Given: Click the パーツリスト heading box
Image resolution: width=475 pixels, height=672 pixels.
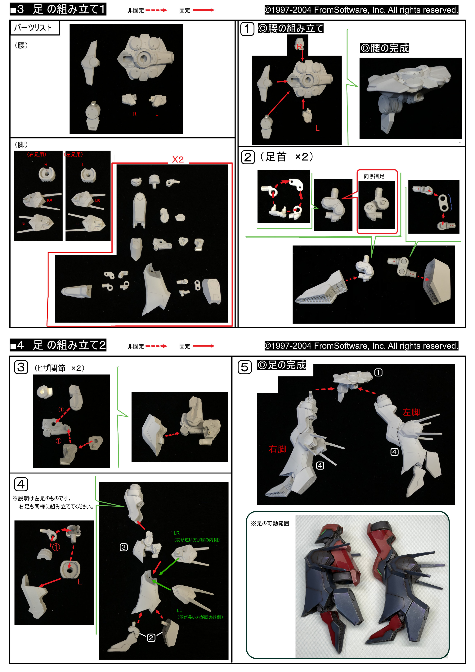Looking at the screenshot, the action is (35, 28).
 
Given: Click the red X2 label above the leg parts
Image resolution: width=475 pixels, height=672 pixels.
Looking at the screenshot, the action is (178, 160).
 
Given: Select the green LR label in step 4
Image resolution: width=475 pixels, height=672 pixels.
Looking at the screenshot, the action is (177, 533).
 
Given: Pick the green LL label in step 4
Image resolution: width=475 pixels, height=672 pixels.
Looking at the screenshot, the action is (179, 610).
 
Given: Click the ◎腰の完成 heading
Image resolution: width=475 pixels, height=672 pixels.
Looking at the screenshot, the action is (385, 48).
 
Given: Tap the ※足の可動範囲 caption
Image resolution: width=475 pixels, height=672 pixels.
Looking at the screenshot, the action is (270, 523).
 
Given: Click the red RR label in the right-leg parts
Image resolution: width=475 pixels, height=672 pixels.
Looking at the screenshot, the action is (50, 201).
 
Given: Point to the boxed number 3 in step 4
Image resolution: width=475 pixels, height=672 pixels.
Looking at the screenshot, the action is (124, 547).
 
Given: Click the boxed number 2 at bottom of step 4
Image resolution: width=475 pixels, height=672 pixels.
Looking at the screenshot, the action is (151, 638).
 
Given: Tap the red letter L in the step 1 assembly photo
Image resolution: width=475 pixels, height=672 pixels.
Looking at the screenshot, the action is (317, 128).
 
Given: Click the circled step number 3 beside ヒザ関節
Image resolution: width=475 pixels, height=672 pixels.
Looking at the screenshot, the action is (21, 367).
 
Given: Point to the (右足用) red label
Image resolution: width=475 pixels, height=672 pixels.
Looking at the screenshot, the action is (37, 154).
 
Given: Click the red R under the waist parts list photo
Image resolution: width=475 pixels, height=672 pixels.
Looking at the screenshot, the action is (135, 114).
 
